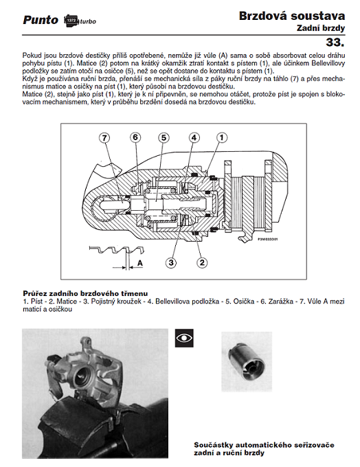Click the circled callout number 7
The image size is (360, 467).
pos(104,138)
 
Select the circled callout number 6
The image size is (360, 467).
pos(135,137)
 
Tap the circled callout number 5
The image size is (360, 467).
pos(164,138)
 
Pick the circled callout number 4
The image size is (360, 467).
pos(194,137)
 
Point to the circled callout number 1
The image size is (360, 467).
pos(222,137)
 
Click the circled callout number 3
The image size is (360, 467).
pos(171,262)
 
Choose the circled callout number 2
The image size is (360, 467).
pos(202,262)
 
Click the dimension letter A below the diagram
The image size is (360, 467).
pos(139,263)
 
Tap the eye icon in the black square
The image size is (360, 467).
pos(184,338)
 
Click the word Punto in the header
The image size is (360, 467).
pos(41,20)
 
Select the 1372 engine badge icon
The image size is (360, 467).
pos(71,21)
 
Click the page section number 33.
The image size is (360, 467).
pos(335,42)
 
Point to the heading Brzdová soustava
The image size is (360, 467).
pos(292,16)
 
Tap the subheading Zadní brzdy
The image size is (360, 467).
pos(321,28)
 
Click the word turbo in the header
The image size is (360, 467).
pos(88,21)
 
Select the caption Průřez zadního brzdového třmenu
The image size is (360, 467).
pos(85,294)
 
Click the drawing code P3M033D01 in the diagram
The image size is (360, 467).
pos(268,238)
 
